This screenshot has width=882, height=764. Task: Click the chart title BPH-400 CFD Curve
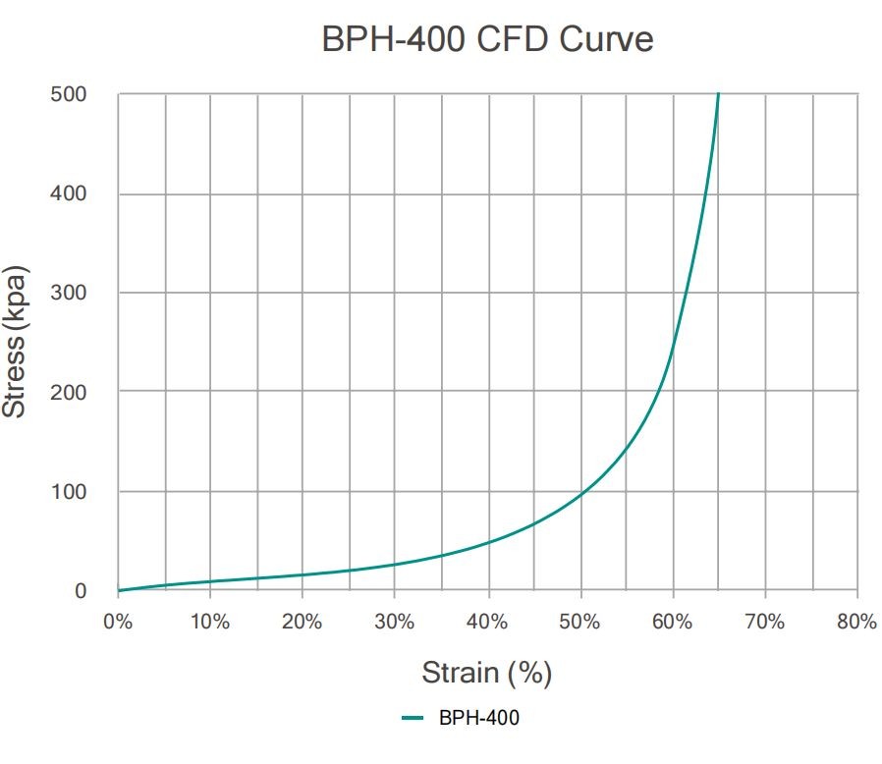tap(487, 40)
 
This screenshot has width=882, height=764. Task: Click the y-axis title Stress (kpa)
tap(15, 342)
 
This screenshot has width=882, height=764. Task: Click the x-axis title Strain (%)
tap(486, 673)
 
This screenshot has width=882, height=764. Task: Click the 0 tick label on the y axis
tap(80, 591)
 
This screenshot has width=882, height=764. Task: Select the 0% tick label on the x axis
tap(118, 622)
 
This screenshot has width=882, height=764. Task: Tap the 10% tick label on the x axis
tap(210, 622)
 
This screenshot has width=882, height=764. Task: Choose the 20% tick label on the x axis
tap(303, 622)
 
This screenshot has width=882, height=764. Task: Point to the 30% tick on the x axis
tap(395, 622)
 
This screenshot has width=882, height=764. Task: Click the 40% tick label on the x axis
tap(487, 622)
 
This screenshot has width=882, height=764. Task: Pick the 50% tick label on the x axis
tap(579, 622)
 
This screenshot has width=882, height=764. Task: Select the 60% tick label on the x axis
tap(672, 622)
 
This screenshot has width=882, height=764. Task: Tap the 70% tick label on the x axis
tap(764, 622)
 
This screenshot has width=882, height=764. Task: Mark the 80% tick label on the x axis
tap(856, 622)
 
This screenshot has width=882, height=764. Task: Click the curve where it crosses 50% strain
tap(580, 493)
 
